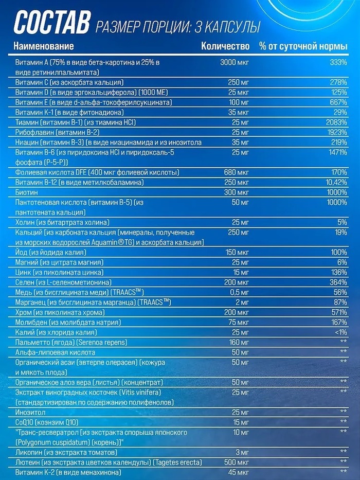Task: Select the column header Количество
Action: point(225,46)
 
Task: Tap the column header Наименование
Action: point(44,46)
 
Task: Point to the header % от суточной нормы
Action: point(303,46)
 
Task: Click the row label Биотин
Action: point(26,192)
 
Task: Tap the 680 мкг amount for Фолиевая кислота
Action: point(237,172)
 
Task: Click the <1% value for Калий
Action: point(339,332)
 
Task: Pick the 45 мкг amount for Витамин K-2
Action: point(237,472)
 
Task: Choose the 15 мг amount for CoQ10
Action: point(239,422)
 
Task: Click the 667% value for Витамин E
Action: point(338,102)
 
